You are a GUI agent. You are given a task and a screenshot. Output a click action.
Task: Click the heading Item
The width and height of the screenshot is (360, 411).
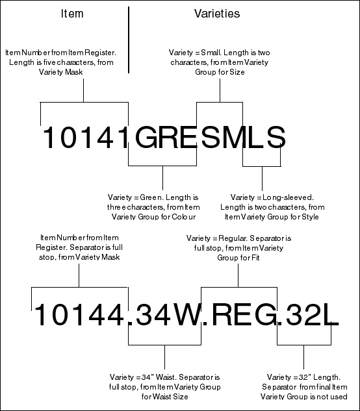click(x=72, y=14)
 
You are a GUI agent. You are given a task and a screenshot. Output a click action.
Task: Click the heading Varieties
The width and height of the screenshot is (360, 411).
click(x=217, y=14)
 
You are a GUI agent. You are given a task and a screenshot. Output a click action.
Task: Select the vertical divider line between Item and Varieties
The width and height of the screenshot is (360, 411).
click(x=129, y=40)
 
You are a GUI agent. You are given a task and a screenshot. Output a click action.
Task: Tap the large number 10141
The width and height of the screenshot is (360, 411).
click(x=85, y=137)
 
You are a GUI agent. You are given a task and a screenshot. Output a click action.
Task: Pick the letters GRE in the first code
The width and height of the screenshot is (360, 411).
click(x=166, y=137)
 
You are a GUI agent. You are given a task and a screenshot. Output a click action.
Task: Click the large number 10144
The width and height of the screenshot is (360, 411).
click(x=79, y=314)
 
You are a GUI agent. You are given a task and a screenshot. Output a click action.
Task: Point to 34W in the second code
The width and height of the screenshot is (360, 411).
click(x=168, y=314)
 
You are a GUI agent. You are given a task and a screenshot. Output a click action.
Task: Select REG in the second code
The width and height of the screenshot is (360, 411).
click(x=243, y=314)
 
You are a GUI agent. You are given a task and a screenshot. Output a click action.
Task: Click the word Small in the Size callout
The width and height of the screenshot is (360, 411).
click(x=209, y=53)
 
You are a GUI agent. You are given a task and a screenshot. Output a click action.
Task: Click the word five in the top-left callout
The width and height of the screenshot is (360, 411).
click(x=49, y=62)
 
